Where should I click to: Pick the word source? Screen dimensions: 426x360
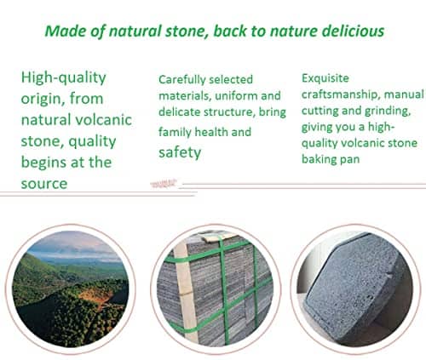(44, 184)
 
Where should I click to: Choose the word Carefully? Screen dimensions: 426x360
(182, 80)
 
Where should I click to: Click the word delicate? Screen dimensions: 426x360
(180, 111)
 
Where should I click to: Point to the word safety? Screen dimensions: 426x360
(180, 152)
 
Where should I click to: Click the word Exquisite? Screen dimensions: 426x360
(325, 78)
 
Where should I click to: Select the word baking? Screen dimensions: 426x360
(318, 159)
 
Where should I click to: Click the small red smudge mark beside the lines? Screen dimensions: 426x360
(164, 184)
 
